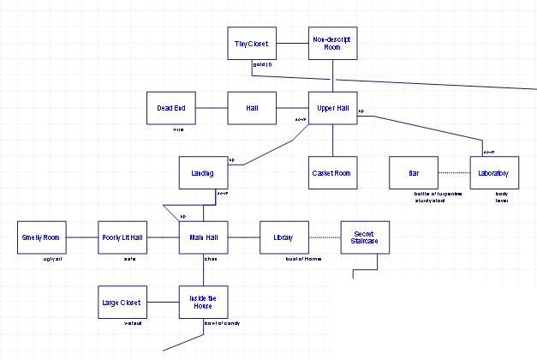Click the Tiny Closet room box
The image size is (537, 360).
251,43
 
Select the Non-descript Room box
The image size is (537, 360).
332,43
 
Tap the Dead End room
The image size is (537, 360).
170,108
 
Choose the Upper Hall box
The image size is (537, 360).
332,108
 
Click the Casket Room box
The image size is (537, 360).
332,172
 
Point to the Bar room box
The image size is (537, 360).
414,172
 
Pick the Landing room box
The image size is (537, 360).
203,172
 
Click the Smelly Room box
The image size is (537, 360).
41,237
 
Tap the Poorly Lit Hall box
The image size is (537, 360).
122,237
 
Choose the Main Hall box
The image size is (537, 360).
203,237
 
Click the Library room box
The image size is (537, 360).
283,237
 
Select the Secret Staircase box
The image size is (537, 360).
365,237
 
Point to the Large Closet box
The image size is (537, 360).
122,302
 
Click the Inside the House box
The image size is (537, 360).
203,302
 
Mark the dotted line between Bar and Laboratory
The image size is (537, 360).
454,173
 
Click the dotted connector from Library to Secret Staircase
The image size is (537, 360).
325,237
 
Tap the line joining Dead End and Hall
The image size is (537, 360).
212,108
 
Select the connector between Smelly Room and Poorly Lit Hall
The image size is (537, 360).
82,237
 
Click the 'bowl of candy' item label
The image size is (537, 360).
222,323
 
